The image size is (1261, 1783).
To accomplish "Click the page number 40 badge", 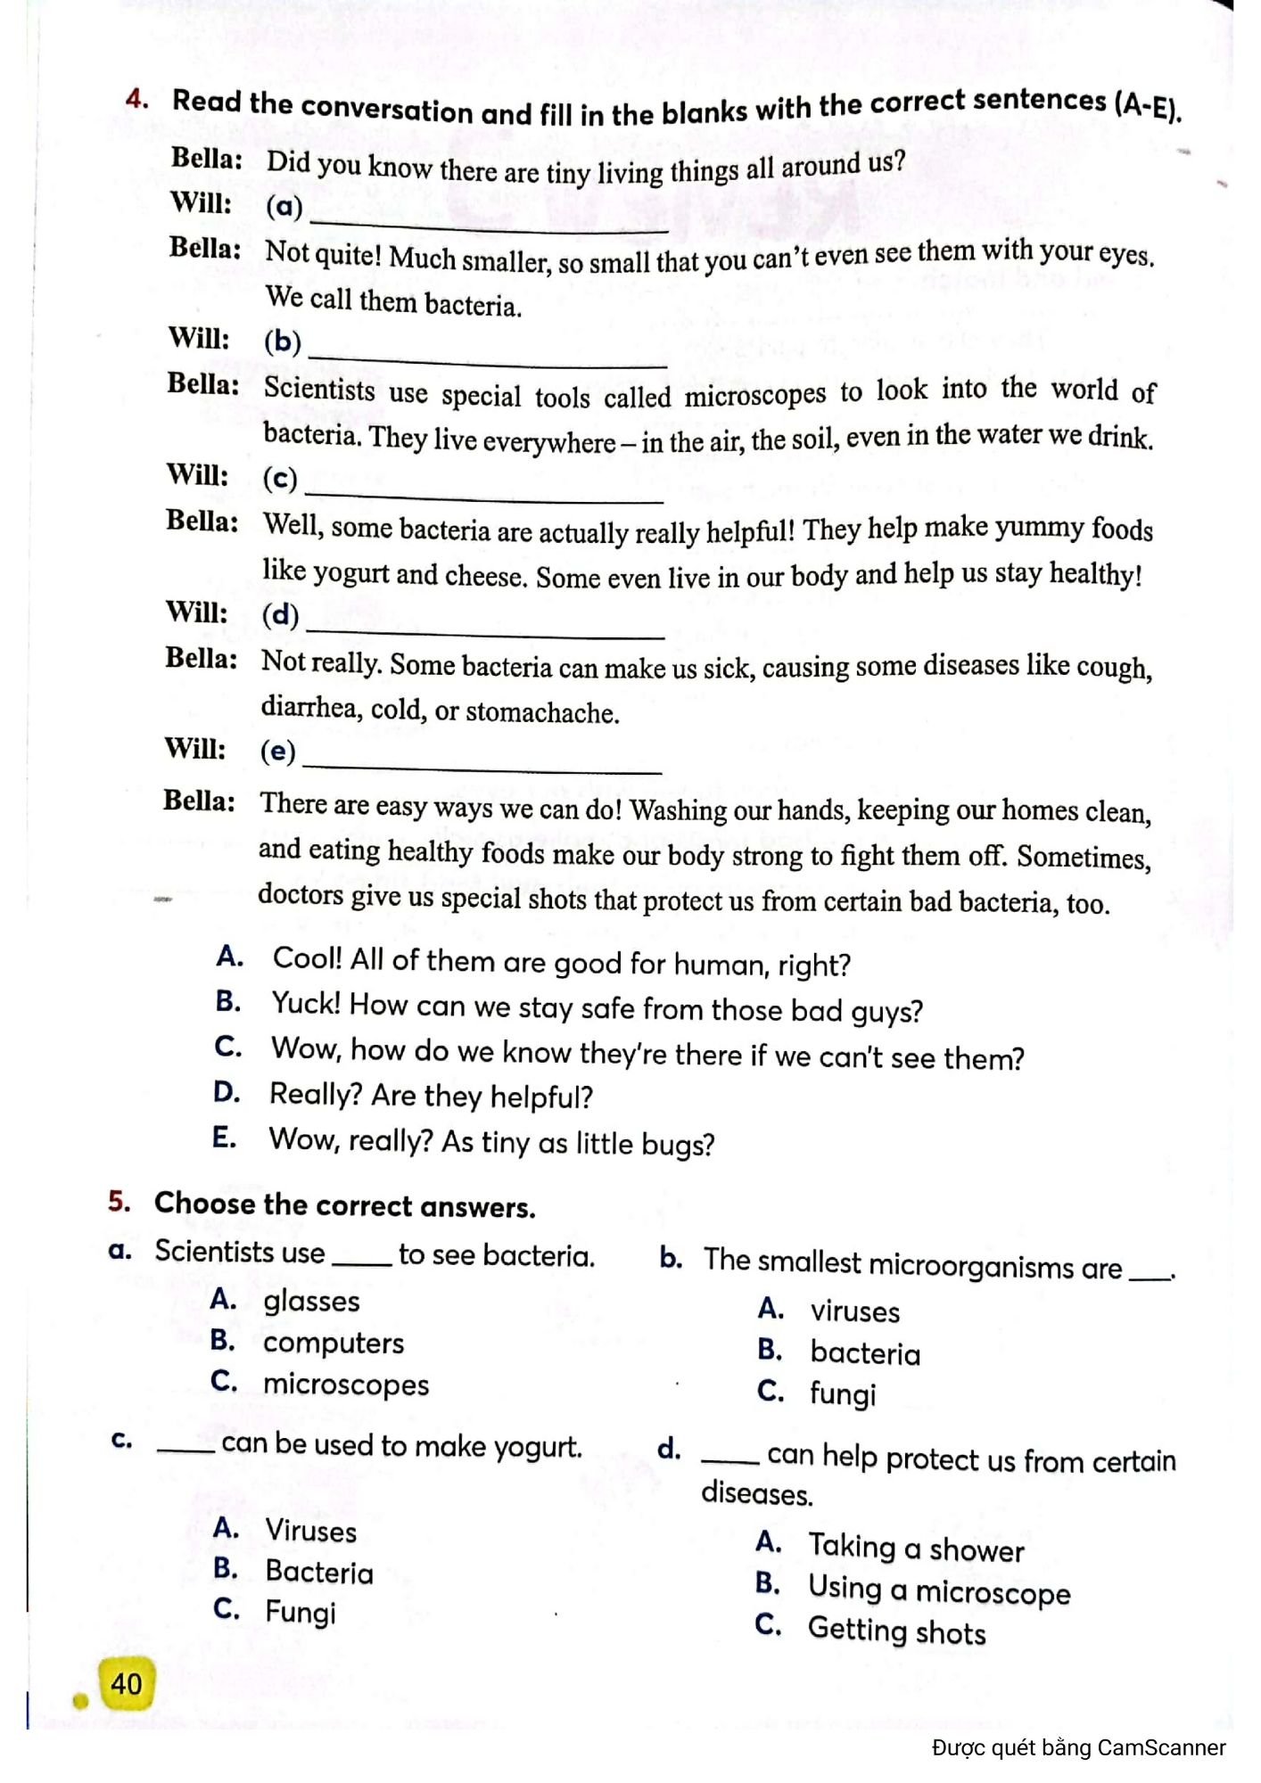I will tap(127, 1684).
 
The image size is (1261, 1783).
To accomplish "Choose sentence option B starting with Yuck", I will tap(596, 1008).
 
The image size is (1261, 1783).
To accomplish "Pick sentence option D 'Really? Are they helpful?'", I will tap(431, 1096).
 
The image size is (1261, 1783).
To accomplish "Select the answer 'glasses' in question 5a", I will tap(311, 1302).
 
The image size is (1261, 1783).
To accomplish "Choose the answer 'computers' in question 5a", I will tap(333, 1343).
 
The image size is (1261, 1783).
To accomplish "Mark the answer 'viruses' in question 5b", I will tap(854, 1312).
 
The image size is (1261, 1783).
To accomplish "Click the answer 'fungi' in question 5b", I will tap(843, 1393).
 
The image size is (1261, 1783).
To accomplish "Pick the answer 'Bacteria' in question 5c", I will tap(319, 1573).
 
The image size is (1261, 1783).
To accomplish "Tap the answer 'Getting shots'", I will tap(896, 1631).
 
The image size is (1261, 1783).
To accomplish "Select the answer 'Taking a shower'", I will tap(916, 1549).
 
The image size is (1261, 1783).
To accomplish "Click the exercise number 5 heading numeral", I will tap(119, 1202).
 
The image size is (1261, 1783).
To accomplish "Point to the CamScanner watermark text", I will tap(1078, 1748).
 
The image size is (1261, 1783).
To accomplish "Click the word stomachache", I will tap(541, 712).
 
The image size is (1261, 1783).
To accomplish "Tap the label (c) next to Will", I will tap(279, 479).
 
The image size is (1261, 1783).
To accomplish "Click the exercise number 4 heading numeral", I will tap(136, 99).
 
